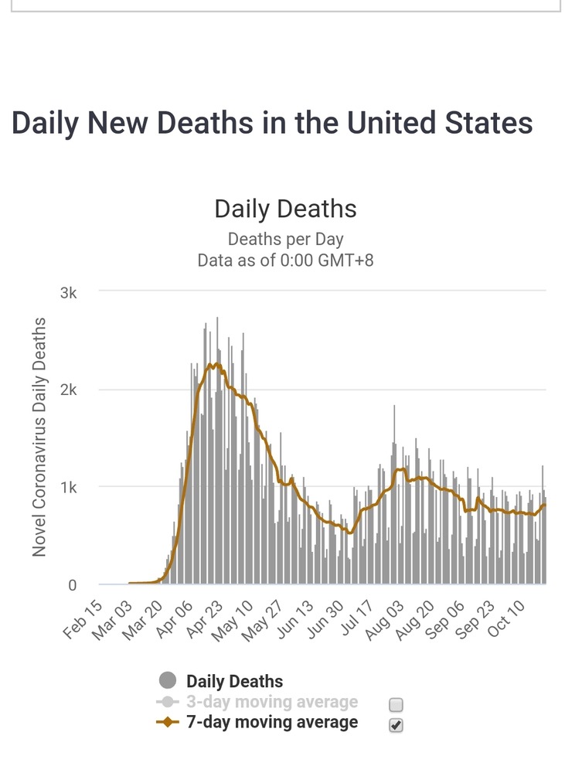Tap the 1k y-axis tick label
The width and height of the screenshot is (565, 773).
(x=69, y=487)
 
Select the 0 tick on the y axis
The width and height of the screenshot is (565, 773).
(x=73, y=585)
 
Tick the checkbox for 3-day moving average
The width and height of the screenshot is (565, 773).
(x=396, y=704)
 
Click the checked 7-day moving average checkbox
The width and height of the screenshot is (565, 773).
(x=396, y=724)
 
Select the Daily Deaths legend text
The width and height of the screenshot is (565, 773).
(x=234, y=682)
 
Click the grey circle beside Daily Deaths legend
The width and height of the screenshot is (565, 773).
(x=168, y=681)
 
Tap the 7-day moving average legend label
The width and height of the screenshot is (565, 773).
(x=272, y=722)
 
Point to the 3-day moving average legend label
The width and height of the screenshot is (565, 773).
(x=272, y=702)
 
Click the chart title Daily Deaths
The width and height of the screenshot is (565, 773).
(x=285, y=209)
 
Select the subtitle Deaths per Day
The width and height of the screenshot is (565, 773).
(x=285, y=239)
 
